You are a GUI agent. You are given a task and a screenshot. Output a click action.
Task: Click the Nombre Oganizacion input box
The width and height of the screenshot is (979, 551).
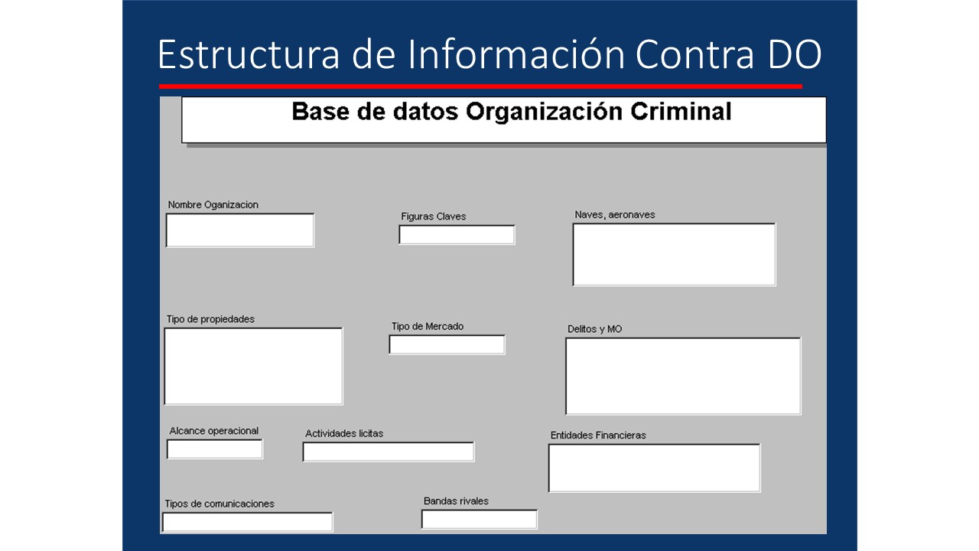[240, 230]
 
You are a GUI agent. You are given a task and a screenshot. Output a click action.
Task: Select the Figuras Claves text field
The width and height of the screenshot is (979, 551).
[457, 235]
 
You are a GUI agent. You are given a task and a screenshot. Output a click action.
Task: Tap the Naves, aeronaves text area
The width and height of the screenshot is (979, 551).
[674, 255]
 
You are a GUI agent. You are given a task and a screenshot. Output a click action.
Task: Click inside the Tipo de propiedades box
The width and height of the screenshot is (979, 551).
[253, 366]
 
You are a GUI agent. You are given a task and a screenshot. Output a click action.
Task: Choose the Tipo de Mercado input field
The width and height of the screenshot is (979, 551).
[447, 345]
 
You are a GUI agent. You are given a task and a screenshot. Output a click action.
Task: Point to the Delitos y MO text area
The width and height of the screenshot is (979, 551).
[683, 376]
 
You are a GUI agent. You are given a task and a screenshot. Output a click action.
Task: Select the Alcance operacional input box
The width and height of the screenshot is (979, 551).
[215, 449]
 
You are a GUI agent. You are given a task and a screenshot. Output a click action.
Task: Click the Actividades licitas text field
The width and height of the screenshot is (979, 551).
[389, 452]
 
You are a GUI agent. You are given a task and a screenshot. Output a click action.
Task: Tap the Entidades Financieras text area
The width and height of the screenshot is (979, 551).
[655, 468]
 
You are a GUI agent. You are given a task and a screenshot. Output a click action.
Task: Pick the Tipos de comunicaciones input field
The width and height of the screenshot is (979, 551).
[247, 522]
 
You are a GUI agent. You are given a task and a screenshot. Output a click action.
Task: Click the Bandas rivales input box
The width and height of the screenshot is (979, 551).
[480, 520]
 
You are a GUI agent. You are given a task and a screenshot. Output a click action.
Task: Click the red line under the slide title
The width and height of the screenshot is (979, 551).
[480, 86]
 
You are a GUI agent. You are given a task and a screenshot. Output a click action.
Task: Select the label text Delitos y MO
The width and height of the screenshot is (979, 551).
[594, 329]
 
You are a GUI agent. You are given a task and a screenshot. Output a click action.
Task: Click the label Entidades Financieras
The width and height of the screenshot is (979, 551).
[598, 435]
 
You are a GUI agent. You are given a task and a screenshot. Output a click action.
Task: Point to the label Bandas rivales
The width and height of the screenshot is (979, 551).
[456, 501]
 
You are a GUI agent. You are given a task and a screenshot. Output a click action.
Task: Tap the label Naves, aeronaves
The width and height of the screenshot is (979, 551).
[615, 215]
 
